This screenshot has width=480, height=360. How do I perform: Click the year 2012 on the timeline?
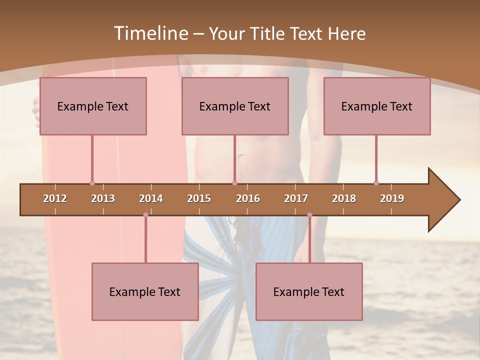[55, 198]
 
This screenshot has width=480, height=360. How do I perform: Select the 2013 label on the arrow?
[103, 198]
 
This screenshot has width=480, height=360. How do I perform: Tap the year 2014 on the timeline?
[151, 198]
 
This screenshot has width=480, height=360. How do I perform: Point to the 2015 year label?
[199, 198]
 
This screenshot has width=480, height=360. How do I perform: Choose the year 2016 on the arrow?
[248, 198]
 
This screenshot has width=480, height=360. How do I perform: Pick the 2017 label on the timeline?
[296, 198]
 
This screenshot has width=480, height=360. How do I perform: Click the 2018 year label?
[344, 198]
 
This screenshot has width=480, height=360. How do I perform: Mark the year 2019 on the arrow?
[392, 198]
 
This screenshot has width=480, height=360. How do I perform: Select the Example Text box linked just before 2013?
[93, 106]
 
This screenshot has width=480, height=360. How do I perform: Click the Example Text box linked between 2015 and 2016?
[235, 106]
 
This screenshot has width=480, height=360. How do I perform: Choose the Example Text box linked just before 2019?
[377, 106]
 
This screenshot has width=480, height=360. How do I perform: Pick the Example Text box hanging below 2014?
[145, 291]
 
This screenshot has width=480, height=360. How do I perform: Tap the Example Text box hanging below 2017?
[309, 291]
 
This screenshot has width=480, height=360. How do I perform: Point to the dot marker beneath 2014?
[145, 215]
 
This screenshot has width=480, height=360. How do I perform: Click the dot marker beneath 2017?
[309, 215]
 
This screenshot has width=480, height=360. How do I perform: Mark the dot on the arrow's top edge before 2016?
[234, 183]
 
